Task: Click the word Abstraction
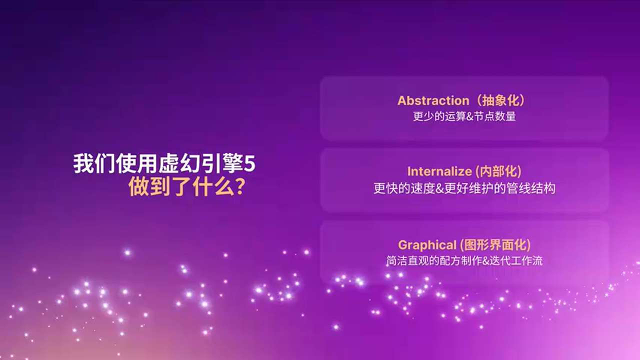[433, 100]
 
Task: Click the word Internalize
[439, 171]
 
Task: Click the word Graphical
[427, 245]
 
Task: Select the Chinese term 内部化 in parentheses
[498, 171]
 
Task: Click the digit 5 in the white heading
[249, 164]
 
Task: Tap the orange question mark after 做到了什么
[239, 187]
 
